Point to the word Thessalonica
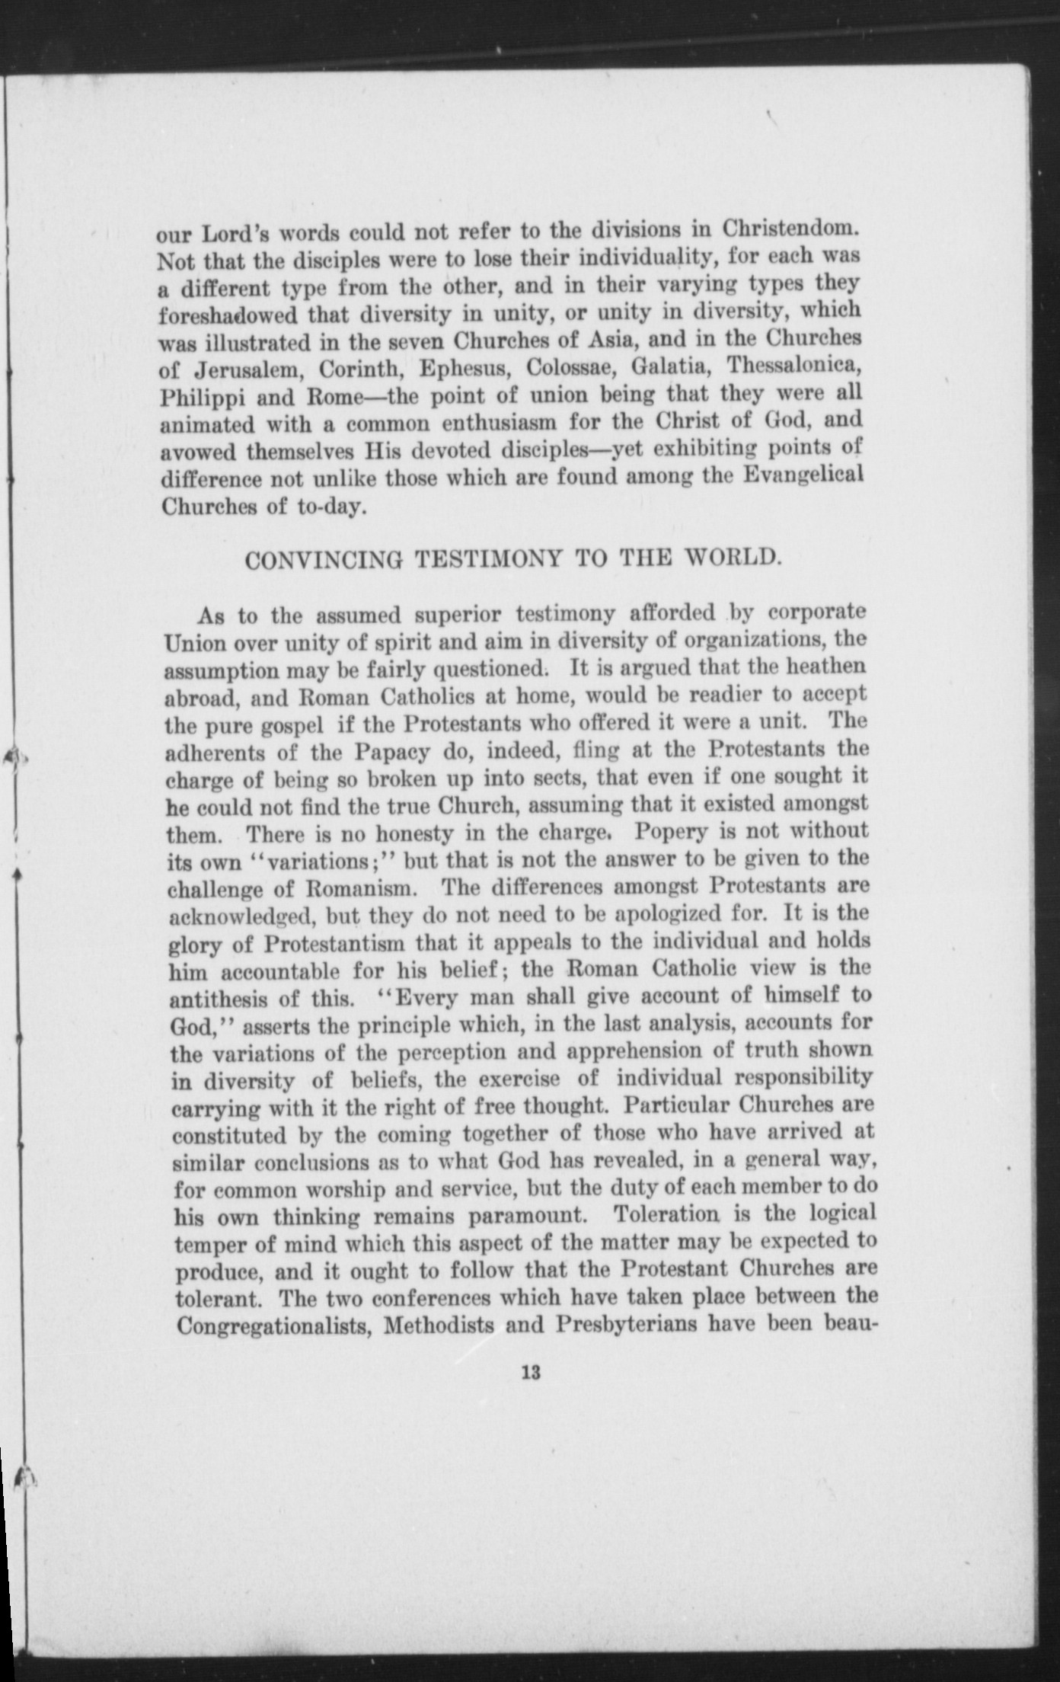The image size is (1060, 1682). tap(793, 366)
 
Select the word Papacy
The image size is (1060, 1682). tap(388, 752)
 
